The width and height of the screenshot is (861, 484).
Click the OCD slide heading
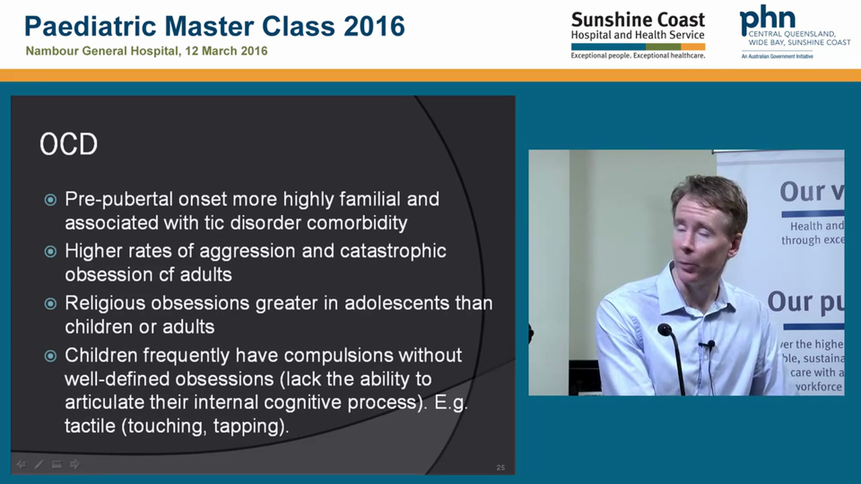[69, 145]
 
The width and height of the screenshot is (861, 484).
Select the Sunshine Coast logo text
[637, 19]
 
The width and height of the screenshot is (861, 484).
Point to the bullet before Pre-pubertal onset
[50, 200]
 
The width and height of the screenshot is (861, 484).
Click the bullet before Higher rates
[50, 251]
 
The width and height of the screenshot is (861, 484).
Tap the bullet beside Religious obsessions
[50, 303]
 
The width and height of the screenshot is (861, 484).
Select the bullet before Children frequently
[50, 356]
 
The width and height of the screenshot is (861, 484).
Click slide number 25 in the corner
[500, 467]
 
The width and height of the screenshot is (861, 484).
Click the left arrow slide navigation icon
[21, 464]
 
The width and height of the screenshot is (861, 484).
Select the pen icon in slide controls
[39, 464]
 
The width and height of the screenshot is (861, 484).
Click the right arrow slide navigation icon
[75, 464]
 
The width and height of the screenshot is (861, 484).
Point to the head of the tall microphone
[665, 330]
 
